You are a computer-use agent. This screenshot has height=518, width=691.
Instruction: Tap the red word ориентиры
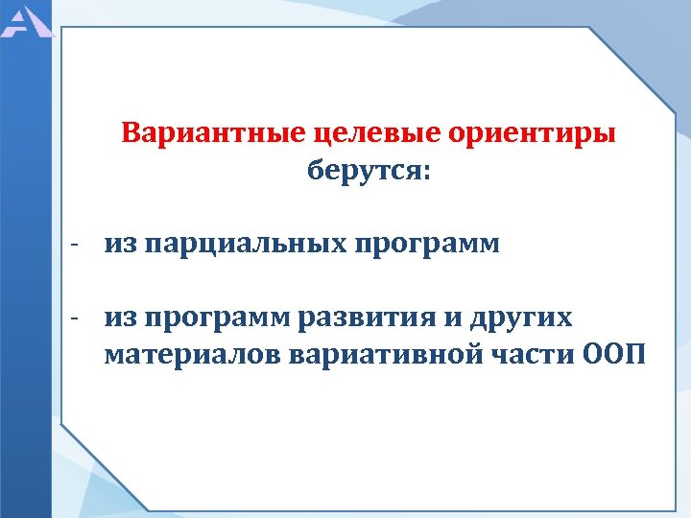click(x=532, y=133)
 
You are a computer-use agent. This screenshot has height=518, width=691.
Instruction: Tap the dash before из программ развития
click(x=73, y=317)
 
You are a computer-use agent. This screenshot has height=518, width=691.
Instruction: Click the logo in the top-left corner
click(x=23, y=19)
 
